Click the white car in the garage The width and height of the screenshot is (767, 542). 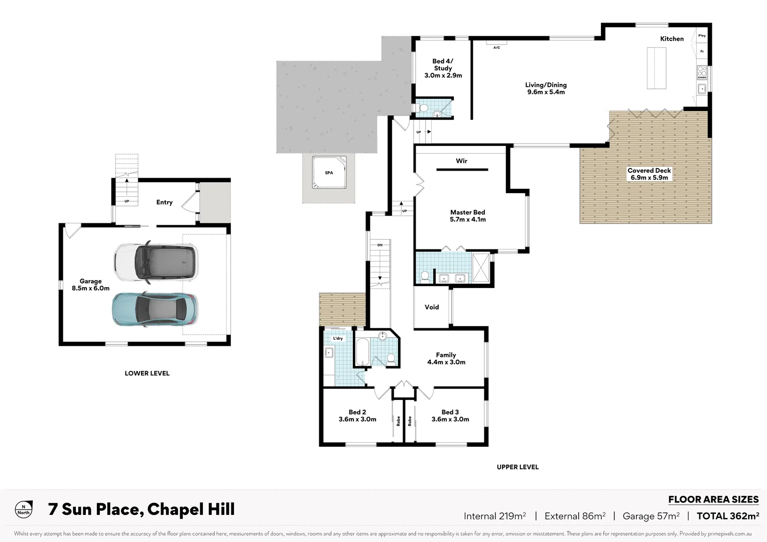155,262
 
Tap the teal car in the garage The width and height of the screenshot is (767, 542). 155,310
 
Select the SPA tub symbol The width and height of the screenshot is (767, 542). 329,173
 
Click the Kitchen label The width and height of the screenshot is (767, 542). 672,39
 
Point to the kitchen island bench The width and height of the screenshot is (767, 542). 656,68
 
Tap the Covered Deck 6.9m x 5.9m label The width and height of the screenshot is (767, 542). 649,174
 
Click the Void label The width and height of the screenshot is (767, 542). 432,307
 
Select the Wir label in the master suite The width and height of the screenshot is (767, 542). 461,161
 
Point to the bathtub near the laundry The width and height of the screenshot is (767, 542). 362,351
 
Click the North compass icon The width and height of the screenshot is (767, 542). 24,509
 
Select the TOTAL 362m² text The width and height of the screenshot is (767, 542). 727,516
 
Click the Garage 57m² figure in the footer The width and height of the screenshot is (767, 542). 651,516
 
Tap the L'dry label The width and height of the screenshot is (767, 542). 338,338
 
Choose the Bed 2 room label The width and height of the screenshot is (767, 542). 357,416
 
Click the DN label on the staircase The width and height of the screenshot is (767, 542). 380,245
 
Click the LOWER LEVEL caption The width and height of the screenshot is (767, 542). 147,373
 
